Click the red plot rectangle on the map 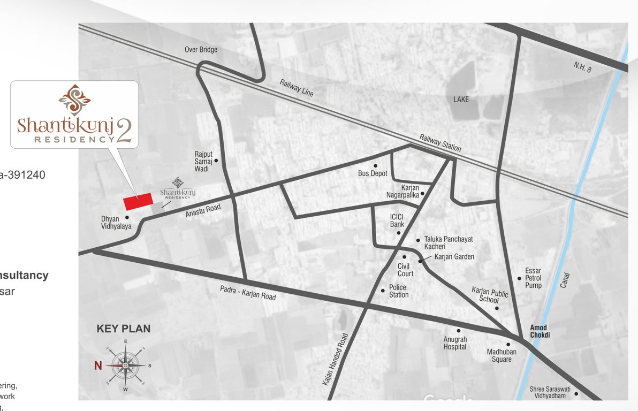pos(138,201)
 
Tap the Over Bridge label pos(201,50)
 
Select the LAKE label pos(461,100)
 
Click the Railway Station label pos(440,142)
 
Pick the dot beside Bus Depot pos(375,165)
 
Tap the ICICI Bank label pos(397,221)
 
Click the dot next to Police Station pos(383,291)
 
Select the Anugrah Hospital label pos(455,343)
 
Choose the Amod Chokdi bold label pos(540,331)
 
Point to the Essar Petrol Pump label pos(533,278)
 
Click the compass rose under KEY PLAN pos(125,366)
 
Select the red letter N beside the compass pos(98,366)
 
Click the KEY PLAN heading pos(124,329)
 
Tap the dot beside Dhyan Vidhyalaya pos(127,217)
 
